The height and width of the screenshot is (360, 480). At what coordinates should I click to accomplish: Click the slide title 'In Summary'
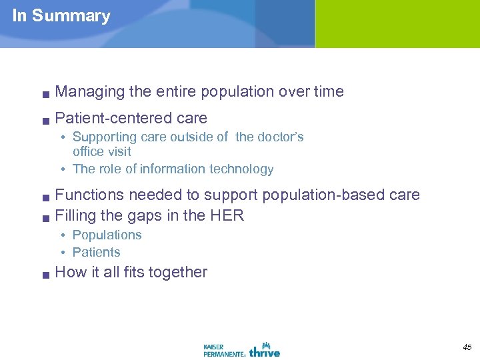(61, 16)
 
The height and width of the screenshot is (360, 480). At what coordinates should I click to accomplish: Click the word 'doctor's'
(279, 137)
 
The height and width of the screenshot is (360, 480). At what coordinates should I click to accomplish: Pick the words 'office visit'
(101, 152)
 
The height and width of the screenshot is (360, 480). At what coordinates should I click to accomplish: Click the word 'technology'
(241, 169)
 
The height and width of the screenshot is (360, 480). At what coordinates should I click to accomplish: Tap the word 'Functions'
(89, 195)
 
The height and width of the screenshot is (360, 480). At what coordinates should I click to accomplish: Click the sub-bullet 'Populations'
(107, 235)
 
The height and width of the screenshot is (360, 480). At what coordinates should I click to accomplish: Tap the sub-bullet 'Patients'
(96, 253)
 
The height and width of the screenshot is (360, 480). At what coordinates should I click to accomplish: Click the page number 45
(466, 346)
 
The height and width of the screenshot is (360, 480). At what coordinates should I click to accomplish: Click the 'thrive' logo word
(265, 349)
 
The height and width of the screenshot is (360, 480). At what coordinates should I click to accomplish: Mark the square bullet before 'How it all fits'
(44, 274)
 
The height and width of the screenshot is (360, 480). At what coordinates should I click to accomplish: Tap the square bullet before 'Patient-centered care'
(44, 121)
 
